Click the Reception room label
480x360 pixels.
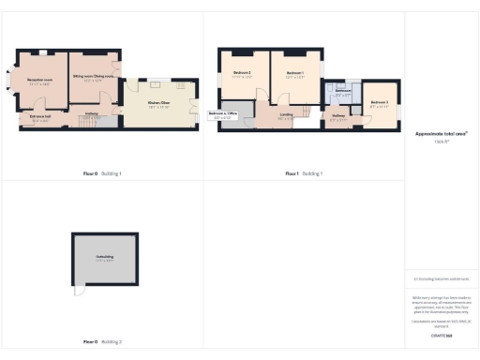(x=39, y=82)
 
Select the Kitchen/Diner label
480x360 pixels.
(x=158, y=105)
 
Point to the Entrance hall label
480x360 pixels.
(x=39, y=119)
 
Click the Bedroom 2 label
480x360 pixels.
(x=242, y=74)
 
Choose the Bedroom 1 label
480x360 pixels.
(x=294, y=74)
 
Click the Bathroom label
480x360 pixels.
(x=342, y=93)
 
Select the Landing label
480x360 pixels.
(x=285, y=115)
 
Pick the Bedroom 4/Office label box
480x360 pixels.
(x=226, y=115)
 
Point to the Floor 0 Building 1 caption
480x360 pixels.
(x=103, y=173)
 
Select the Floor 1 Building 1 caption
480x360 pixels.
(x=304, y=173)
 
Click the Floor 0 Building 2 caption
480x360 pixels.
(x=103, y=342)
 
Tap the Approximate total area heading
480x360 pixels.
(x=442, y=134)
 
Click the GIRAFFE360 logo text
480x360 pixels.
(x=442, y=335)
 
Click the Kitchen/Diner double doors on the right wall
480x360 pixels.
(x=199, y=105)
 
